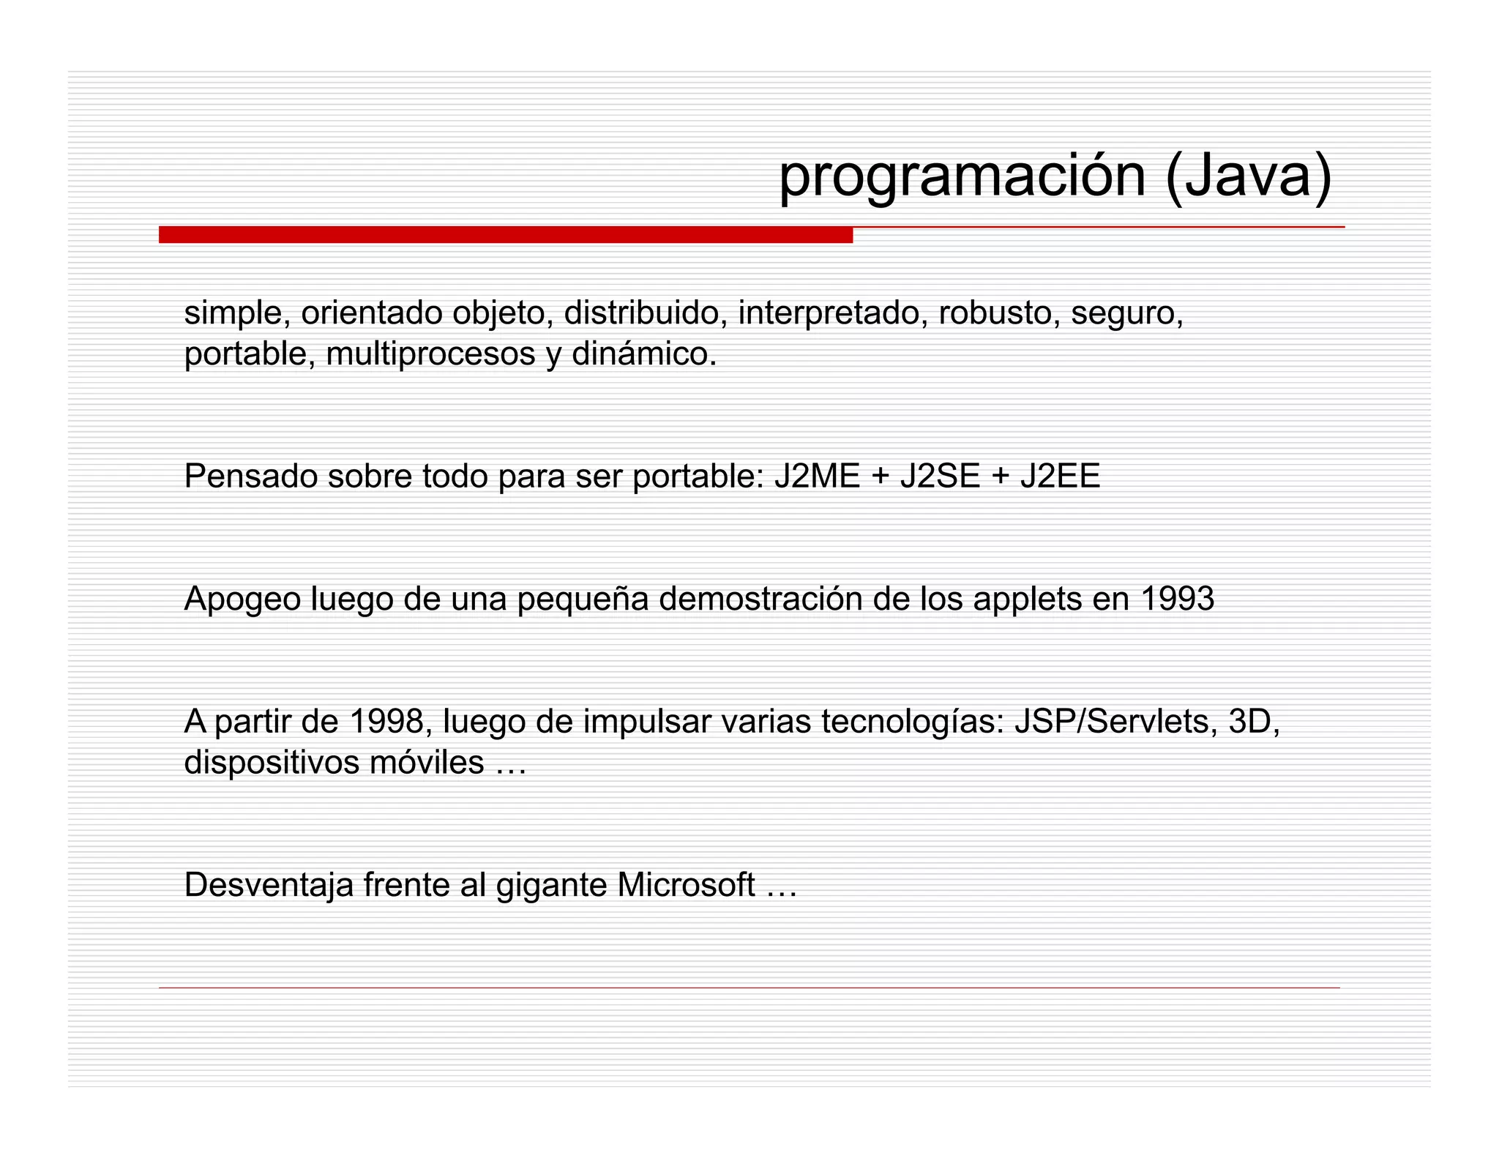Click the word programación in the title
(962, 177)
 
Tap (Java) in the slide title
(1248, 177)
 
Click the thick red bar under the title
(505, 235)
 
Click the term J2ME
(817, 477)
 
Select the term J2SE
(940, 477)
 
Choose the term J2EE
(1060, 477)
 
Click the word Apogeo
(242, 599)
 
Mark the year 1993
(1178, 599)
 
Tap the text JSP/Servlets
(1116, 722)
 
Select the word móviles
(426, 763)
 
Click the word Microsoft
(686, 885)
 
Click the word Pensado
(250, 477)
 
